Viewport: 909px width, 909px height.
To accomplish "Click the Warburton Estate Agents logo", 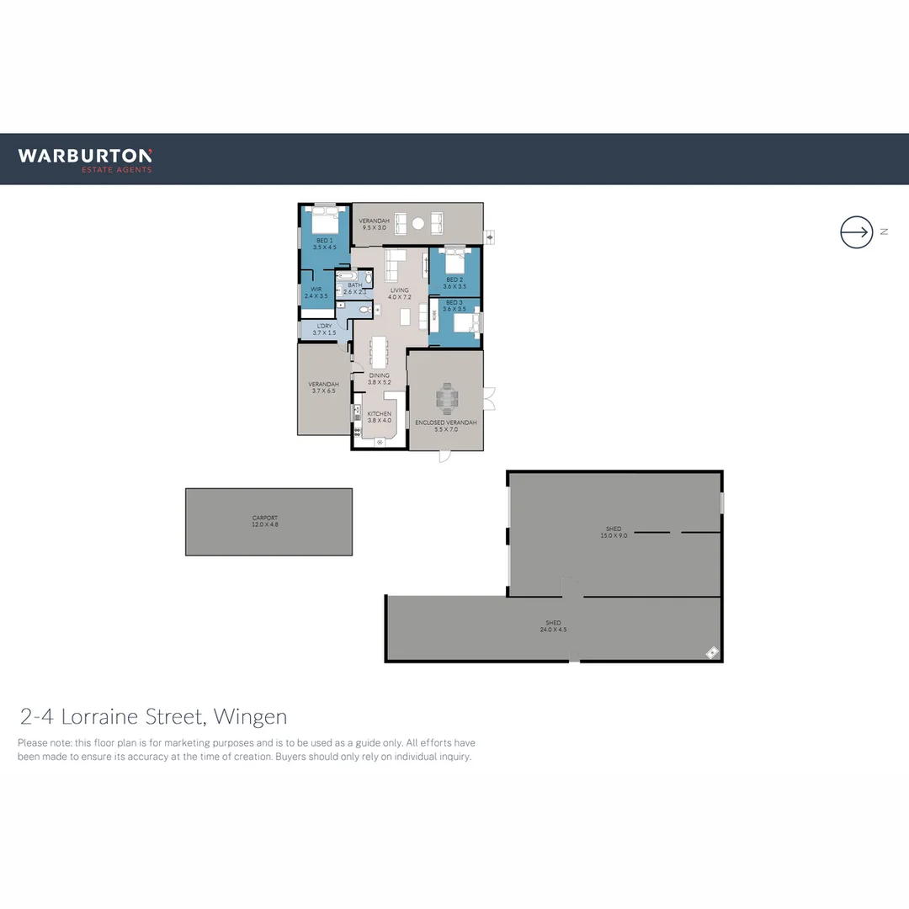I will [x=85, y=159].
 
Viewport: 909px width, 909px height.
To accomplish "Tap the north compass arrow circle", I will [x=856, y=231].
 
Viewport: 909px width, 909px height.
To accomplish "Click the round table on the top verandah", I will [x=418, y=223].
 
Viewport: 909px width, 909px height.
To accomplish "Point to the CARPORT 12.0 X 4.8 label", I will [x=265, y=521].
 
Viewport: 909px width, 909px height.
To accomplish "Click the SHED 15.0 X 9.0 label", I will [x=613, y=532].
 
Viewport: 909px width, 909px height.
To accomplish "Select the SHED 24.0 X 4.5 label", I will [x=553, y=626].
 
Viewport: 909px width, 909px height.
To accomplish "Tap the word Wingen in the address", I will [x=250, y=717].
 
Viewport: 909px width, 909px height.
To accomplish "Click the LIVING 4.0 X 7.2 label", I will [x=399, y=293].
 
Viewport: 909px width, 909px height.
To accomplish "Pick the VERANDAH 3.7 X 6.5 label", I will [x=323, y=387].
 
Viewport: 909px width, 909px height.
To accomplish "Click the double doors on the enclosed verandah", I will [x=489, y=396].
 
